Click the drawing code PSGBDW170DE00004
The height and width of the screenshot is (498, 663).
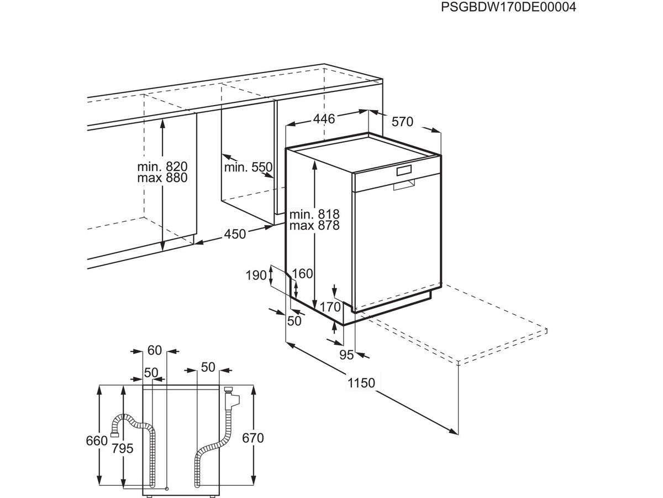(508, 7)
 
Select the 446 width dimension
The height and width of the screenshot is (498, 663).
(324, 119)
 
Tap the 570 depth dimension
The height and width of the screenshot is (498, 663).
(402, 122)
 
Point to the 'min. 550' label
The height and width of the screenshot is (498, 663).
(248, 167)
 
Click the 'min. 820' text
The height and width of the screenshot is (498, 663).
(162, 167)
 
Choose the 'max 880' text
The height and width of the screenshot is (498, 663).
(162, 178)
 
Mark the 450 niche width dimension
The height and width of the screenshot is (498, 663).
(235, 234)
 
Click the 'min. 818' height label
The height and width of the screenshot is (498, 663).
(314, 214)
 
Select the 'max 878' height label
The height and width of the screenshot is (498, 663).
(314, 225)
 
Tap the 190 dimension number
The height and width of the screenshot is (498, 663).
(256, 276)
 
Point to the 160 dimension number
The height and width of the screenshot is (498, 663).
(302, 274)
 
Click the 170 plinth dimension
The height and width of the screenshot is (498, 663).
(330, 307)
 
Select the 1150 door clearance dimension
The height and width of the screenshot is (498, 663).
(361, 383)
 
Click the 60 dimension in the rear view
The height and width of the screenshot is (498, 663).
(155, 350)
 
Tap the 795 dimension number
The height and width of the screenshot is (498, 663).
(122, 448)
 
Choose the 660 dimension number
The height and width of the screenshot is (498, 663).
(97, 441)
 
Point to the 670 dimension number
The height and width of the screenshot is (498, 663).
(253, 438)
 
